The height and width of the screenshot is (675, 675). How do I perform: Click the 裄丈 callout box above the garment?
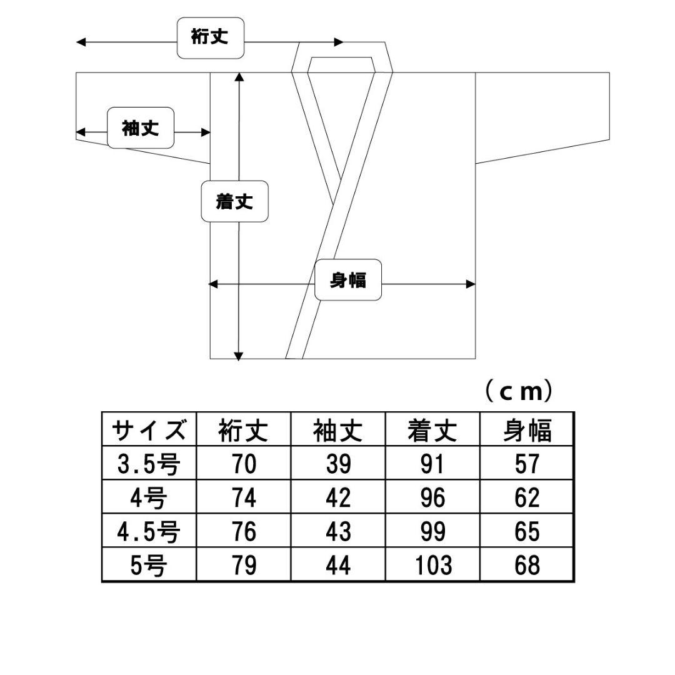211,38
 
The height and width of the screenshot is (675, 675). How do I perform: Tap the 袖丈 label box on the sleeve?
141,128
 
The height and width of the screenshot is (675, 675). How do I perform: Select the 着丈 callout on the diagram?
234,201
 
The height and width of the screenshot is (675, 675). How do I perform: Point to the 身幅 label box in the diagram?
348,280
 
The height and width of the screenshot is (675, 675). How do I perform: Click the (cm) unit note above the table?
518,391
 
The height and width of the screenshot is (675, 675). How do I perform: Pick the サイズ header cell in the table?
149,429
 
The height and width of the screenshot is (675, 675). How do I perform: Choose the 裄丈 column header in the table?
243,430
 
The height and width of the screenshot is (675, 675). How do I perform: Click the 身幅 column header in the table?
527,430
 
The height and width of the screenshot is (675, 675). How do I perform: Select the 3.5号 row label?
149,464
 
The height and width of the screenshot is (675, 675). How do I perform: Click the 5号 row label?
149,565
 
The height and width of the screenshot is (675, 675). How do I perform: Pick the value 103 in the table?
433,565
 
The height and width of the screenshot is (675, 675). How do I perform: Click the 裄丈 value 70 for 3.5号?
244,464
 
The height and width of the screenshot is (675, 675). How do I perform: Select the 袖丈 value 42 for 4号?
338,497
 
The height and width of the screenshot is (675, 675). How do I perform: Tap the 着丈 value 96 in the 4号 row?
432,497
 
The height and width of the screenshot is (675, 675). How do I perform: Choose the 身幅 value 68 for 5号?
527,565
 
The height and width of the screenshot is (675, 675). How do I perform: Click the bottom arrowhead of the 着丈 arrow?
239,356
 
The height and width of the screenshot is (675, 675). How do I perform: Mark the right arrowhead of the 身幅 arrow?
471,284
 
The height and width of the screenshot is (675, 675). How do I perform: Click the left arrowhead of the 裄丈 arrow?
81,42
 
